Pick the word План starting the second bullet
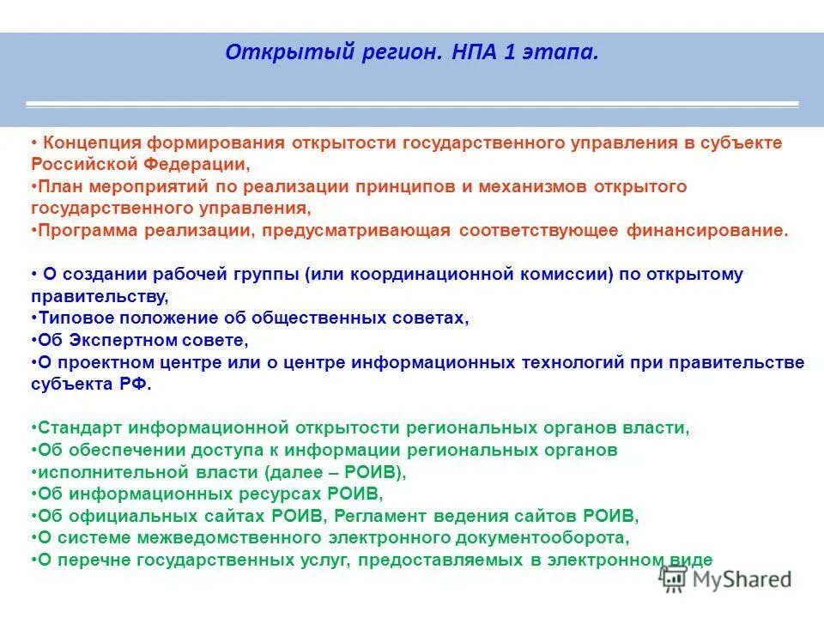(x=56, y=186)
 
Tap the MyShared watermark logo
(x=725, y=579)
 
